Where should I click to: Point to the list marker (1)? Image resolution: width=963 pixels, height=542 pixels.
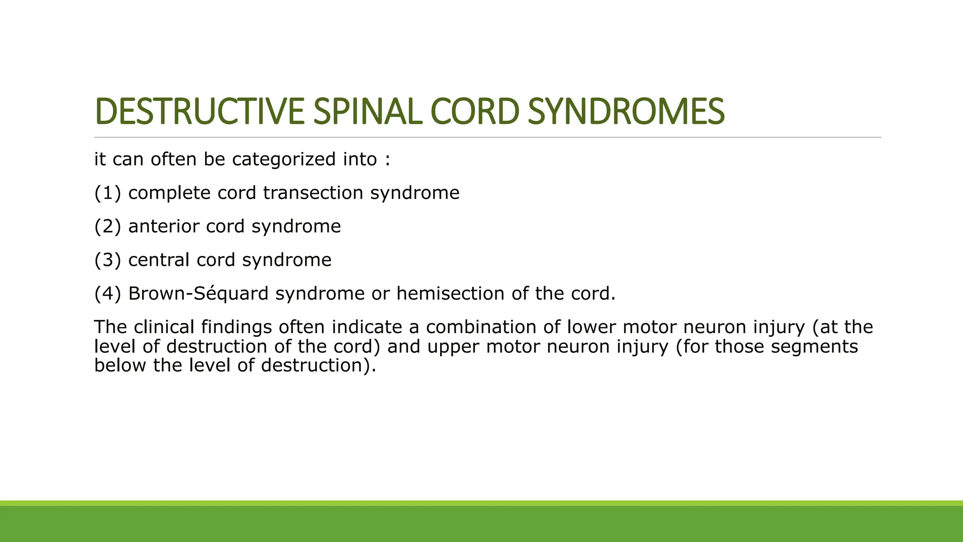click(108, 193)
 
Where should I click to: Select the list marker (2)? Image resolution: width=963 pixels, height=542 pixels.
click(108, 226)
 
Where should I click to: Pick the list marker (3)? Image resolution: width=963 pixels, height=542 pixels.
click(108, 260)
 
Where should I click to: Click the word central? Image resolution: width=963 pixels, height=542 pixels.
click(159, 260)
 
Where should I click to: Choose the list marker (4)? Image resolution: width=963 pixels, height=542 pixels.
click(108, 294)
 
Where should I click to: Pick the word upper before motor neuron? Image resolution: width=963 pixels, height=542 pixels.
click(453, 347)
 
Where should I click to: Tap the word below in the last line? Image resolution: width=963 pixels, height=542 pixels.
click(121, 366)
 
